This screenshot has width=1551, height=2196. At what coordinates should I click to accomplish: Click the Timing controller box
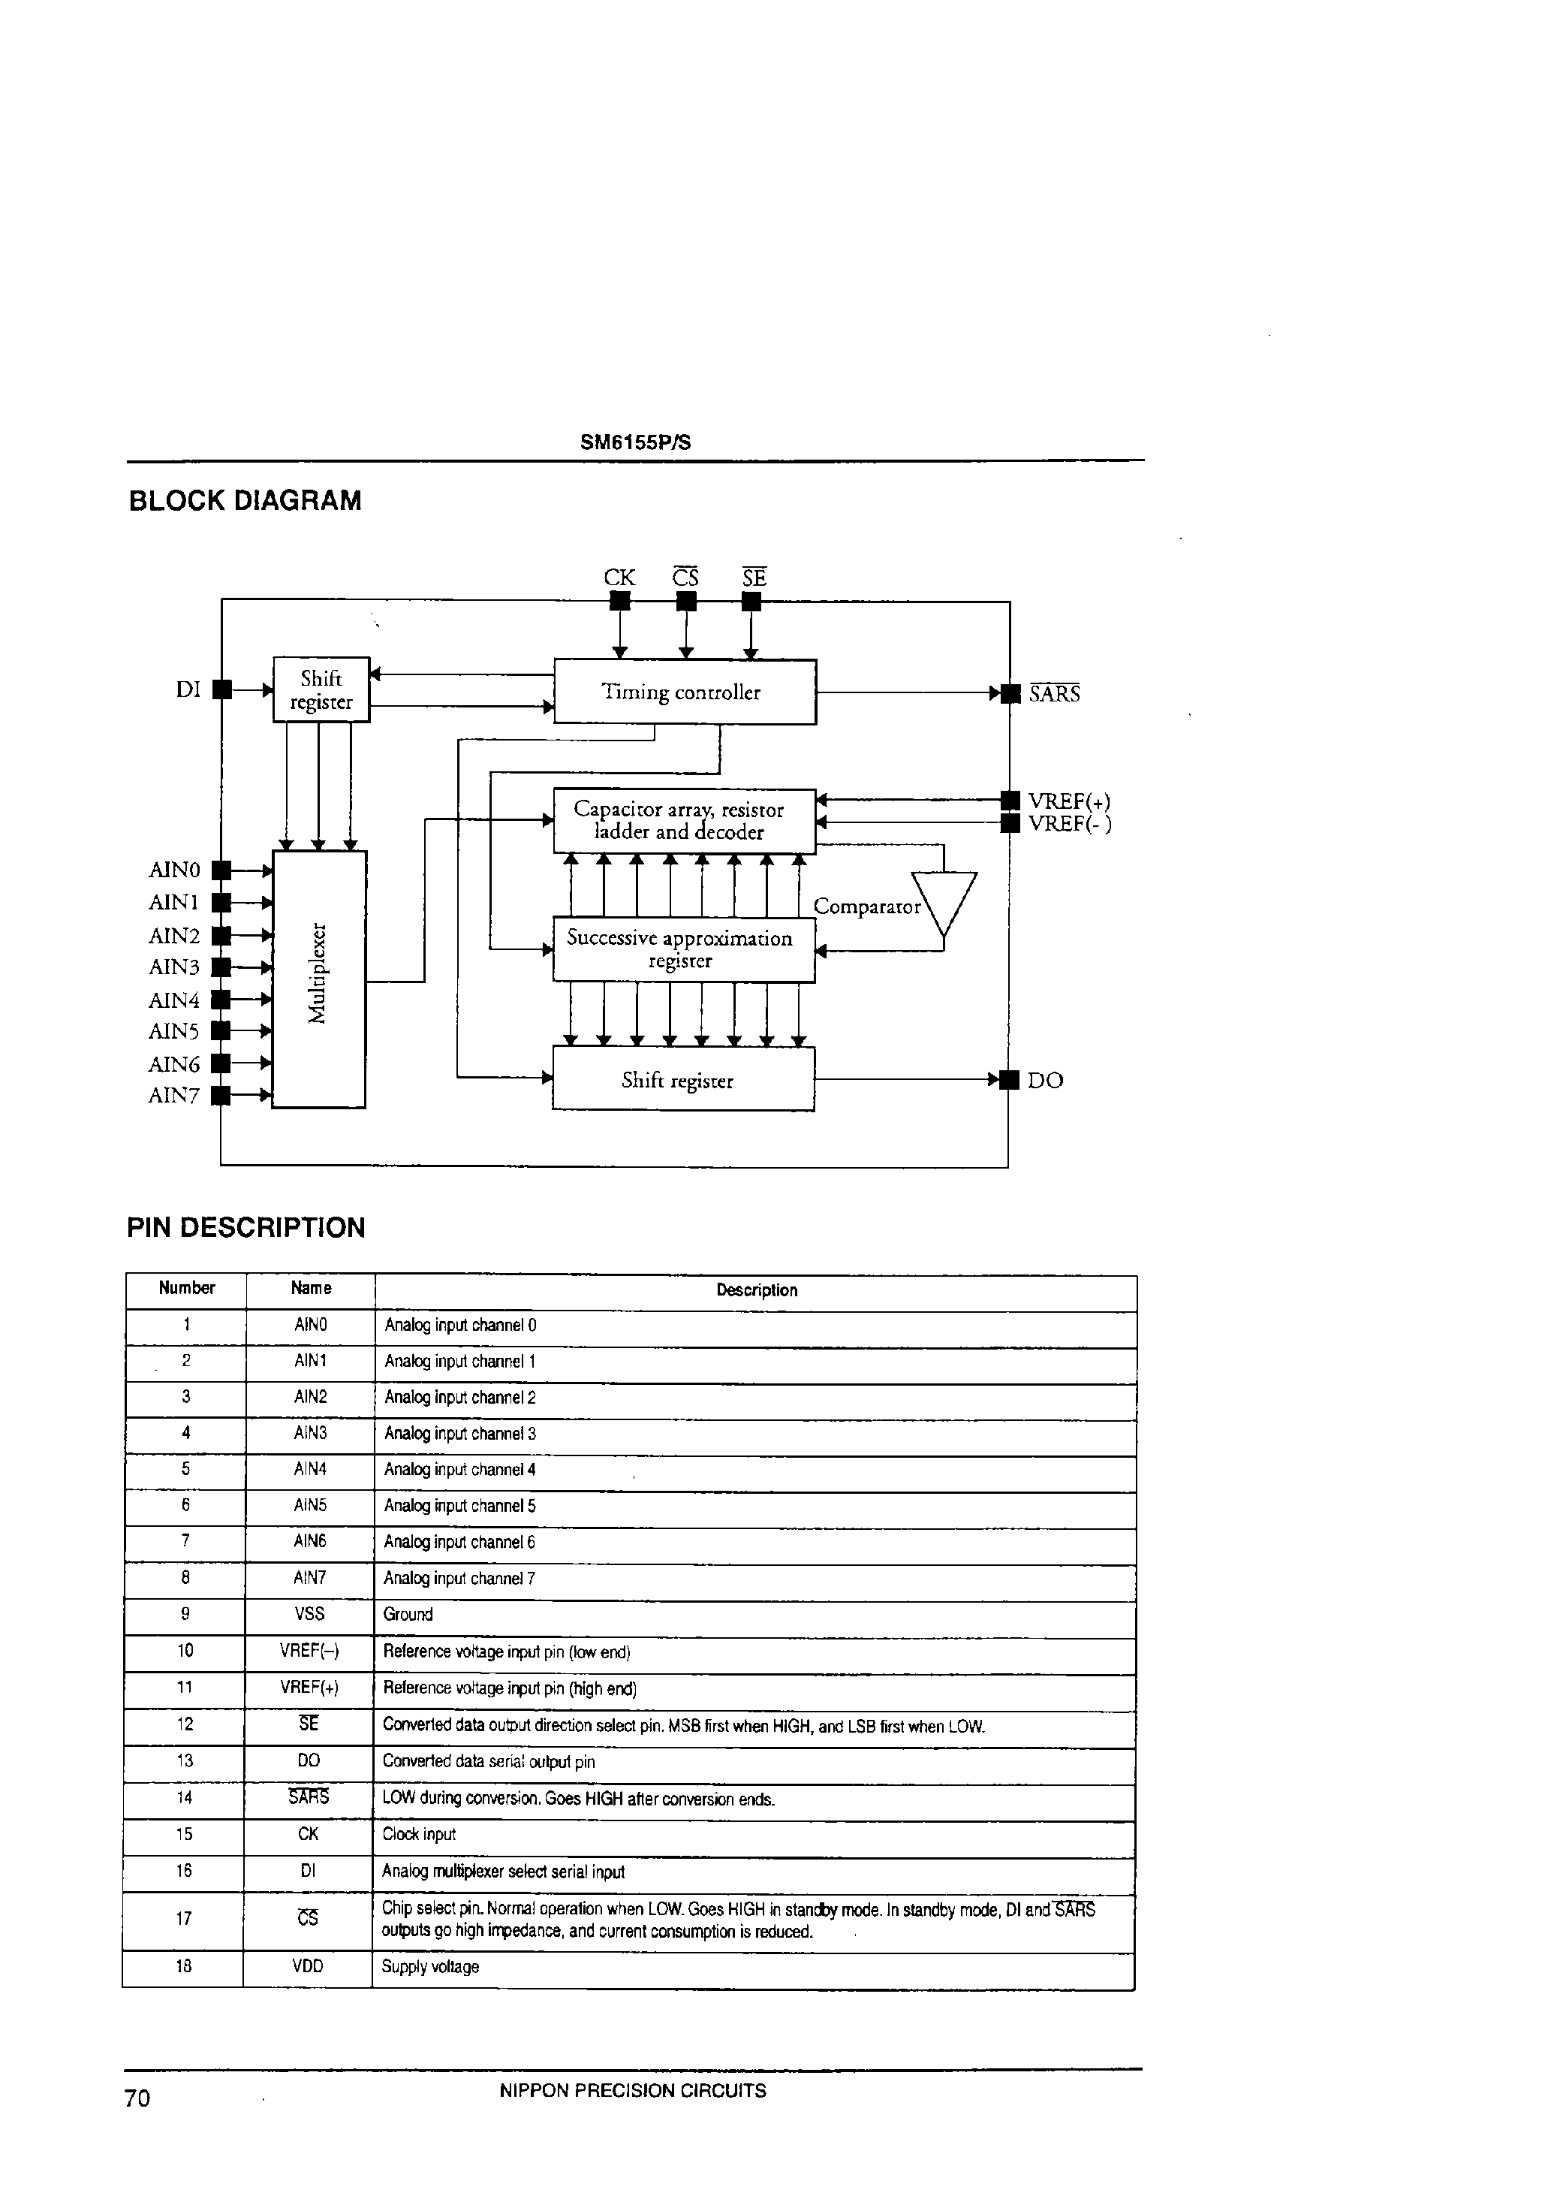coord(685,692)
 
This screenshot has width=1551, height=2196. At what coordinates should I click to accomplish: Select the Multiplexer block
coord(319,979)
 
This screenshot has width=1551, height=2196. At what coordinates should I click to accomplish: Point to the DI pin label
coord(188,689)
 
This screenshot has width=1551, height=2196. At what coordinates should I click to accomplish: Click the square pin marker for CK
coord(619,601)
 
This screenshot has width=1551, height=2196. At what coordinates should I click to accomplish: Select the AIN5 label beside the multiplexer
coord(173,1031)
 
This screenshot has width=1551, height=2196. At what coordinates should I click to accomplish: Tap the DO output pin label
coord(1045,1081)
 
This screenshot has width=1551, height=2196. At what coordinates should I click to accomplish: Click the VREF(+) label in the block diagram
coord(1069,801)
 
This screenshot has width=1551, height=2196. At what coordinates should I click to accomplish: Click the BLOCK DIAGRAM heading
coord(245,500)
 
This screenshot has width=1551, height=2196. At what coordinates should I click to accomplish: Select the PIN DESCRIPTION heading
coord(245,1227)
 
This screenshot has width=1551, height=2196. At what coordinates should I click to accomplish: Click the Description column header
coord(757,1290)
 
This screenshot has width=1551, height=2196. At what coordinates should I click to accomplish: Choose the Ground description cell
coord(408,1615)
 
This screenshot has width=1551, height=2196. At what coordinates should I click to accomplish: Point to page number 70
coord(137,2098)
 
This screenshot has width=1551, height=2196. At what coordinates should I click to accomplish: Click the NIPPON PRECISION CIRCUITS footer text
coord(632,2091)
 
